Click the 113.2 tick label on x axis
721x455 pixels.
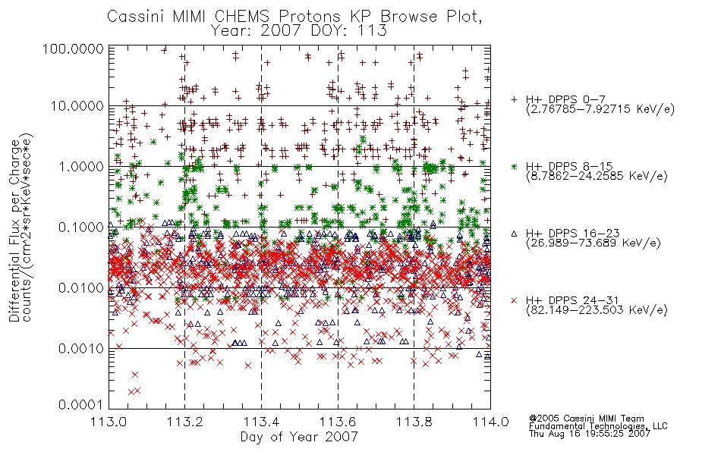click(185, 422)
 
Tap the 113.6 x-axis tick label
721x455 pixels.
click(338, 422)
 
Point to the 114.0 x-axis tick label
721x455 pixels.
click(490, 422)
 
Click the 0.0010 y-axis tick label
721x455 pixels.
click(81, 349)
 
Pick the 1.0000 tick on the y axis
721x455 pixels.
click(81, 167)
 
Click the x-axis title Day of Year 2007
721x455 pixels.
click(299, 437)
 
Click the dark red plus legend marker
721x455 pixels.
click(514, 99)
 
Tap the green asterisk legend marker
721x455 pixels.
click(514, 166)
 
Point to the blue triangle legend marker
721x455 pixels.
click(514, 234)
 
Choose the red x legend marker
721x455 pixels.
click(514, 300)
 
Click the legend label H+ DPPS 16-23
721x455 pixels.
click(572, 234)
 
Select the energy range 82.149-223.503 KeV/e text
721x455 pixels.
click(597, 310)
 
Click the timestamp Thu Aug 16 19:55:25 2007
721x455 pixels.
click(590, 434)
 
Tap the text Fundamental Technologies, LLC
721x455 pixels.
click(598, 426)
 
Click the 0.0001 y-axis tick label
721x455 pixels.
click(81, 405)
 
